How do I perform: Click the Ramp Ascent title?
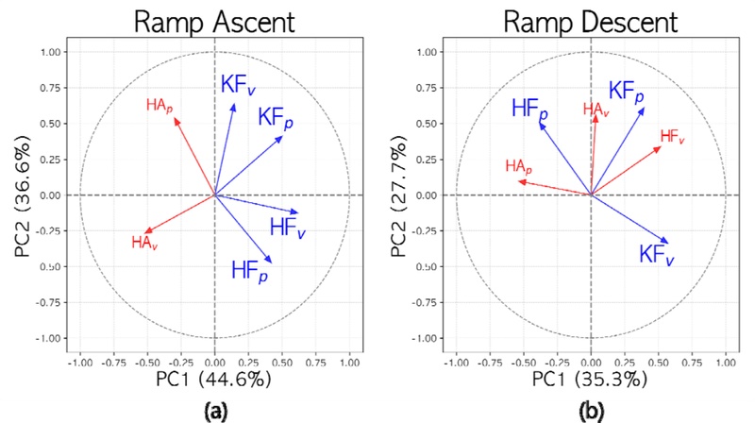tap(215, 21)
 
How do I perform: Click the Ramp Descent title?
tap(590, 21)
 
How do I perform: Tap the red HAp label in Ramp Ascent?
tap(159, 105)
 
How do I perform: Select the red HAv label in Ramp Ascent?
tap(144, 243)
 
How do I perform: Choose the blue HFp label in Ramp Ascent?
tap(249, 270)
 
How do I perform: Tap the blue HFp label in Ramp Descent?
tap(529, 109)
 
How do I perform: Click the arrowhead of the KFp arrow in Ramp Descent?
tap(644, 109)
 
